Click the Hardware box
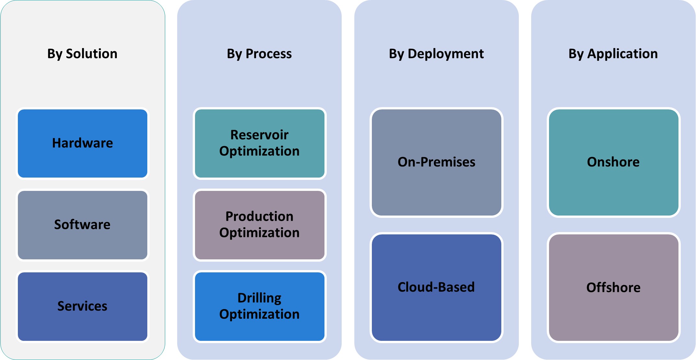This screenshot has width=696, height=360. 82,143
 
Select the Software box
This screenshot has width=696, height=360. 82,225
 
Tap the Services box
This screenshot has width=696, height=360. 82,306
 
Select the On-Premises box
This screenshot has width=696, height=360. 436,162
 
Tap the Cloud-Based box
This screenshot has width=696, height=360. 436,288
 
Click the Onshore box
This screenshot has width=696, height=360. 613,162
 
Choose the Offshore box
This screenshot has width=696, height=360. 613,288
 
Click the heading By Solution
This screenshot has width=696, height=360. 82,54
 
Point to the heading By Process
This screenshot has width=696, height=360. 259,54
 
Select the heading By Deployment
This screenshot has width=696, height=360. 436,54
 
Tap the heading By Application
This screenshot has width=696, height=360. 613,54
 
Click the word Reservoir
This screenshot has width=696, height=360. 259,135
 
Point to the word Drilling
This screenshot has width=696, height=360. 259,298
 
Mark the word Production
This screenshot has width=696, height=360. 259,217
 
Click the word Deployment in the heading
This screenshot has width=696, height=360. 446,54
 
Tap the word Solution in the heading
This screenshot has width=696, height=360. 92,54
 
